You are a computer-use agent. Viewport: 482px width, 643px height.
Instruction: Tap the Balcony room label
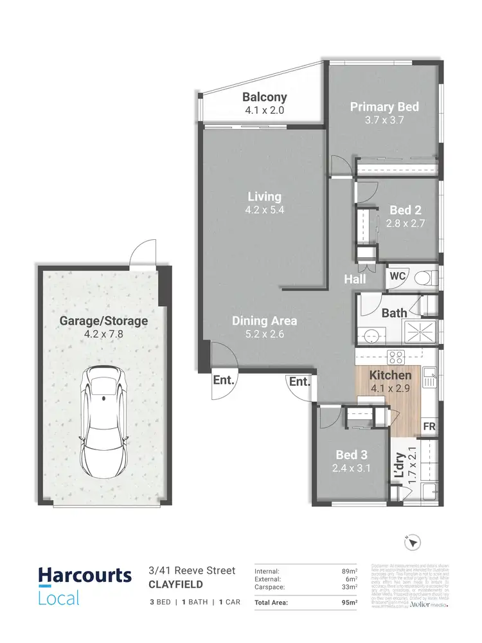click(x=265, y=98)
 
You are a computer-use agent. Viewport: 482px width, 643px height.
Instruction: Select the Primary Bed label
click(x=384, y=107)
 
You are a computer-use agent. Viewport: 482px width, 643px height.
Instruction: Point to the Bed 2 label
click(x=406, y=210)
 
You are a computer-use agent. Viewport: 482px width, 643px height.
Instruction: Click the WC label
click(x=397, y=276)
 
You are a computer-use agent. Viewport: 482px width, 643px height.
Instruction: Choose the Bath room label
click(x=394, y=313)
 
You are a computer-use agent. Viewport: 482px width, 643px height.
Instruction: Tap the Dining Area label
click(x=265, y=320)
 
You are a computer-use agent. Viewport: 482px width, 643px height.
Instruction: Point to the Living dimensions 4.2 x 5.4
click(x=265, y=210)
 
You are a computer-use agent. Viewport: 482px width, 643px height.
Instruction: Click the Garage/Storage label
click(x=103, y=320)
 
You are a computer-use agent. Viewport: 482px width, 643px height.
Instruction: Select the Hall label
click(x=355, y=279)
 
